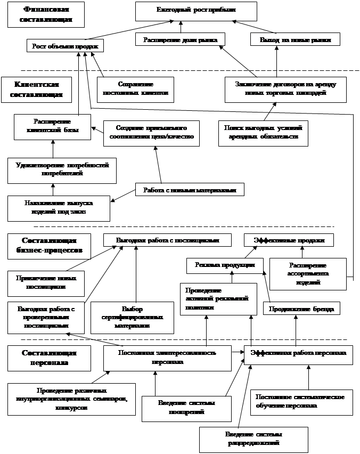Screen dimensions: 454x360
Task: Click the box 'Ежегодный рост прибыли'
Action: click(196, 11)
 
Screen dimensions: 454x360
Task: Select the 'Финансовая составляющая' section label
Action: click(47, 14)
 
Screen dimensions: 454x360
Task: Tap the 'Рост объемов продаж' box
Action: click(64, 46)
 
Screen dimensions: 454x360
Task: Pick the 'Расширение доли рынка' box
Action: click(180, 39)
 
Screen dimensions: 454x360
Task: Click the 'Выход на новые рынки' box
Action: click(295, 39)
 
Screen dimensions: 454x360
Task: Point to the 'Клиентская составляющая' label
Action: click(36, 89)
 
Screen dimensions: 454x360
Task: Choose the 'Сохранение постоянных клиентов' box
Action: click(135, 89)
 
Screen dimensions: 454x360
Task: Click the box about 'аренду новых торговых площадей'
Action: click(285, 89)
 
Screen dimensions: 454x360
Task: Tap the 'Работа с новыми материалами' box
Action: click(190, 190)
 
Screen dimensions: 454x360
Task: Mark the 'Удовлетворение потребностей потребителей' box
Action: click(62, 169)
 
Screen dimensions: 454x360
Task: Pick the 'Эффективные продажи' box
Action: click(289, 240)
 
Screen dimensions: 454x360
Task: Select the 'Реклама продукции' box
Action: click(225, 265)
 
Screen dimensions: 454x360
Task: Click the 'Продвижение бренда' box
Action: click(301, 309)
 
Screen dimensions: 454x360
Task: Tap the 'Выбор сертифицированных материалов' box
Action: click(132, 318)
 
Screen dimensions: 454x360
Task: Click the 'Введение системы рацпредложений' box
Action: click(253, 439)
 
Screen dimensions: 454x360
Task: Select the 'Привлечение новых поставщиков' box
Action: click(46, 283)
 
